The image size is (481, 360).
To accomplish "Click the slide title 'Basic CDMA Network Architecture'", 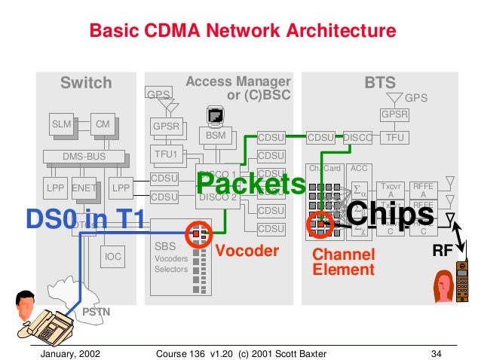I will (x=242, y=31).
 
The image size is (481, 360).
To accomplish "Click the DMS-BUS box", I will (x=84, y=156).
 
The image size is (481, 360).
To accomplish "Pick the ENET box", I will (x=81, y=186).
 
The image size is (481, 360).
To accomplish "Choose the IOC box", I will (x=112, y=257).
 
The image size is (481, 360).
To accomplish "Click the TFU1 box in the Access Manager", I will (x=164, y=154).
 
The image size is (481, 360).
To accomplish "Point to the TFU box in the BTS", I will (x=393, y=139).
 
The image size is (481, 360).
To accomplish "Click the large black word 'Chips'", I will (x=391, y=214).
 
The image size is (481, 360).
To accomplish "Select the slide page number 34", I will (x=435, y=352).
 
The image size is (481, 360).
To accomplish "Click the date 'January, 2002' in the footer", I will (x=70, y=352).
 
